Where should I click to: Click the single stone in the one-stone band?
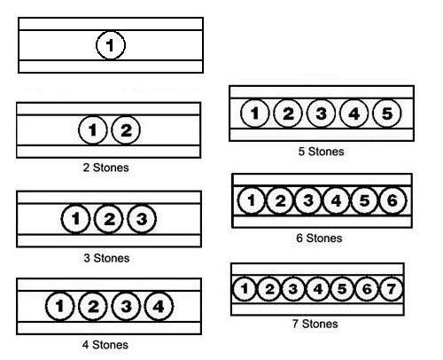pyautogui.click(x=111, y=45)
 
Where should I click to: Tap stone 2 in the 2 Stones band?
pyautogui.click(x=126, y=130)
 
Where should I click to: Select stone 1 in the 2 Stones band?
pyautogui.click(x=93, y=130)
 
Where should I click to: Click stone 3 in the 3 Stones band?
pyautogui.click(x=142, y=219)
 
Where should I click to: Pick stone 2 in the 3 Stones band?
pyautogui.click(x=109, y=219)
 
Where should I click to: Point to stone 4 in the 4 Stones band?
pyautogui.click(x=159, y=306)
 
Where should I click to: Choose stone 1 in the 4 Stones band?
pyautogui.click(x=59, y=306)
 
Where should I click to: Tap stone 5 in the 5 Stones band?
pyautogui.click(x=387, y=113)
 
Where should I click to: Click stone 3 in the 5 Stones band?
pyautogui.click(x=321, y=113)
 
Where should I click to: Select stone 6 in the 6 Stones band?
pyautogui.click(x=392, y=200)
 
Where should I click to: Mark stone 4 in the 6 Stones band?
pyautogui.click(x=336, y=200)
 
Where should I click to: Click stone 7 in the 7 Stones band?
pyautogui.click(x=391, y=289)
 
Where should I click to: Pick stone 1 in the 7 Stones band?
pyautogui.click(x=245, y=289)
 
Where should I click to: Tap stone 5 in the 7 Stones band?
pyautogui.click(x=342, y=289)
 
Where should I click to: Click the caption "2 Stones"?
pyautogui.click(x=106, y=168)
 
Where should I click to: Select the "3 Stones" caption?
pyautogui.click(x=106, y=258)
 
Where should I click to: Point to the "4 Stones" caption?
pyautogui.click(x=105, y=345)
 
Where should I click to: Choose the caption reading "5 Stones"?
pyautogui.click(x=322, y=152)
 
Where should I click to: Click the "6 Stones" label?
pyautogui.click(x=319, y=238)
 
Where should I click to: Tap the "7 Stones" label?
pyautogui.click(x=315, y=324)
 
